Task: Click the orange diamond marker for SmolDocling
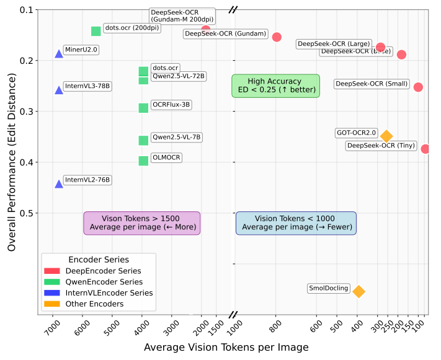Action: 359,291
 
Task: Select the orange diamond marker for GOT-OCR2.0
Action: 386,136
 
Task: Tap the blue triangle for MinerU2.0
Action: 59,54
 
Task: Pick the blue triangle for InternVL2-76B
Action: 59,184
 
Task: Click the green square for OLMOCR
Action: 143,161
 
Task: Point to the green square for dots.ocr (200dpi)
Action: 96,31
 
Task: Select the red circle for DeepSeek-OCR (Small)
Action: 418,87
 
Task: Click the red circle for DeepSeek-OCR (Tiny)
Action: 425,149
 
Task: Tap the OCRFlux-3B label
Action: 171,105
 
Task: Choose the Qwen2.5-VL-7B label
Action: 176,137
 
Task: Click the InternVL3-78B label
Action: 87,86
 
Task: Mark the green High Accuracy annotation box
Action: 275,86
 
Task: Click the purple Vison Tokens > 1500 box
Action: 142,223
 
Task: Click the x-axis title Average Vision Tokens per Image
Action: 226,348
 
